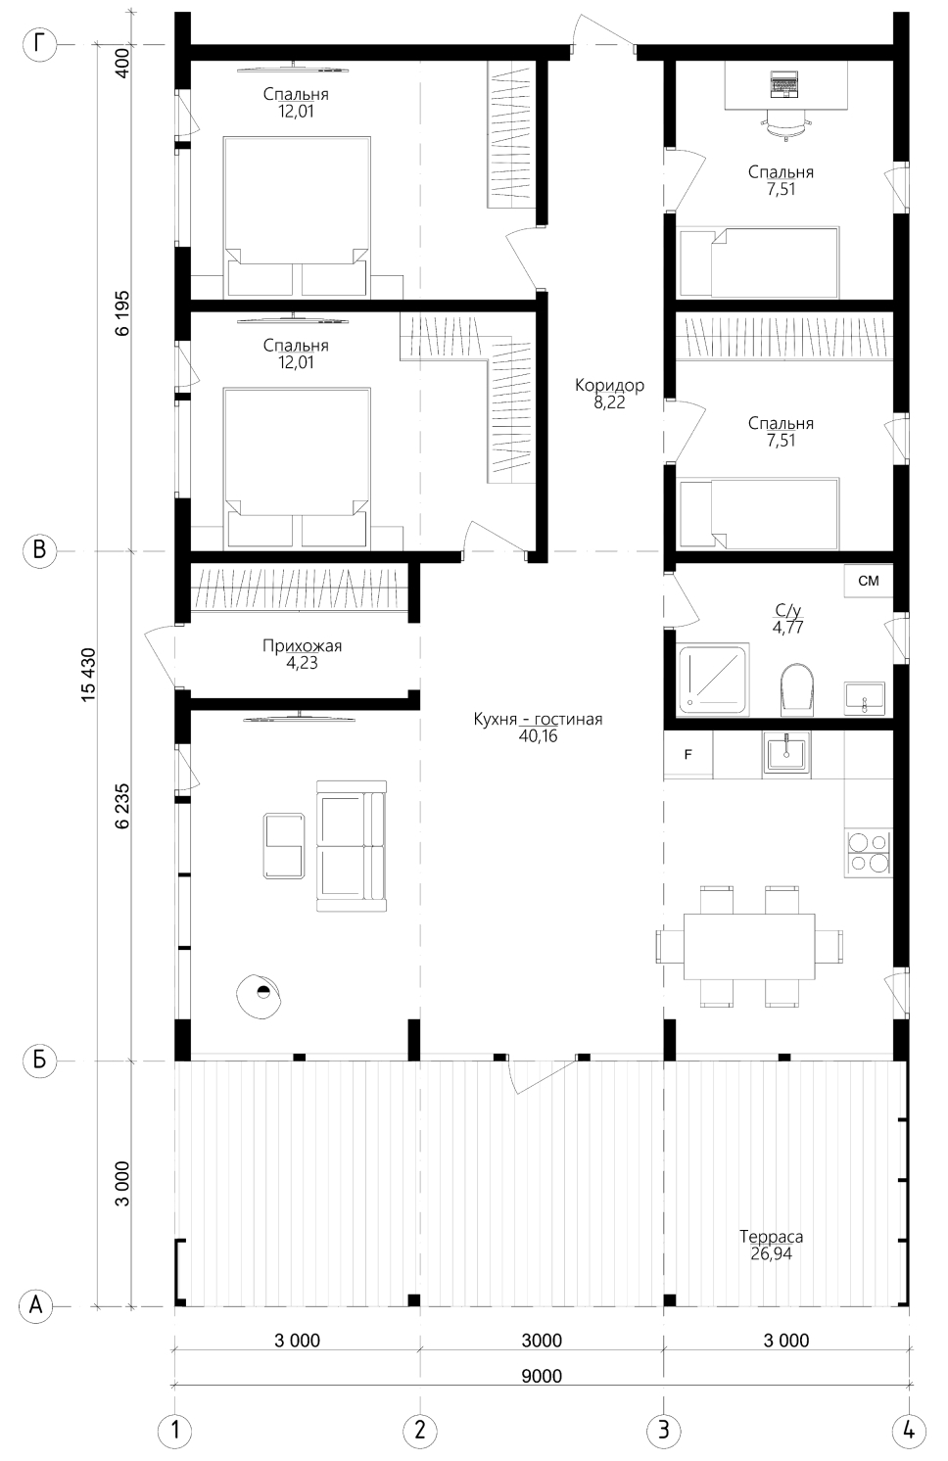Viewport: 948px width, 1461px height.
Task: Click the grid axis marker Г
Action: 39,45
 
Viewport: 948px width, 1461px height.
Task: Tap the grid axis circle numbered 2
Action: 419,1431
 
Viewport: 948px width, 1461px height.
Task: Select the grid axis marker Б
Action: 39,1061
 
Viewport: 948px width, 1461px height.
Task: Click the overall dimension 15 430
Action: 89,675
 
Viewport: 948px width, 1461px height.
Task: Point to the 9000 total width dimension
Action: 542,1376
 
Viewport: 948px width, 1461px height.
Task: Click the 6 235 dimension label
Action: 122,806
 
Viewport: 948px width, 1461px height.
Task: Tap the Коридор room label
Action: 609,385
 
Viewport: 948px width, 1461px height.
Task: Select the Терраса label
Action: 771,1236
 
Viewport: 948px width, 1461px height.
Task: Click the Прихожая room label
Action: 302,645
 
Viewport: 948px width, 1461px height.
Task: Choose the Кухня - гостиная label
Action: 539,719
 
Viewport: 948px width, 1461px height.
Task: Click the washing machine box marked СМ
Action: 869,581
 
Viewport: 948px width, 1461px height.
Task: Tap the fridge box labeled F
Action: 687,755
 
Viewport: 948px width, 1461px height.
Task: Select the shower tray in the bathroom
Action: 714,679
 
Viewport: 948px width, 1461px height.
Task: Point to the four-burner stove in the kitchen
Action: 869,853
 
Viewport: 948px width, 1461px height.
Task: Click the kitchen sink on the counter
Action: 786,755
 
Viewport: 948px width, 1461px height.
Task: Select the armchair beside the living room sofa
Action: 284,845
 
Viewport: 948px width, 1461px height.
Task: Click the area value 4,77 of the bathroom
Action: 788,628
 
